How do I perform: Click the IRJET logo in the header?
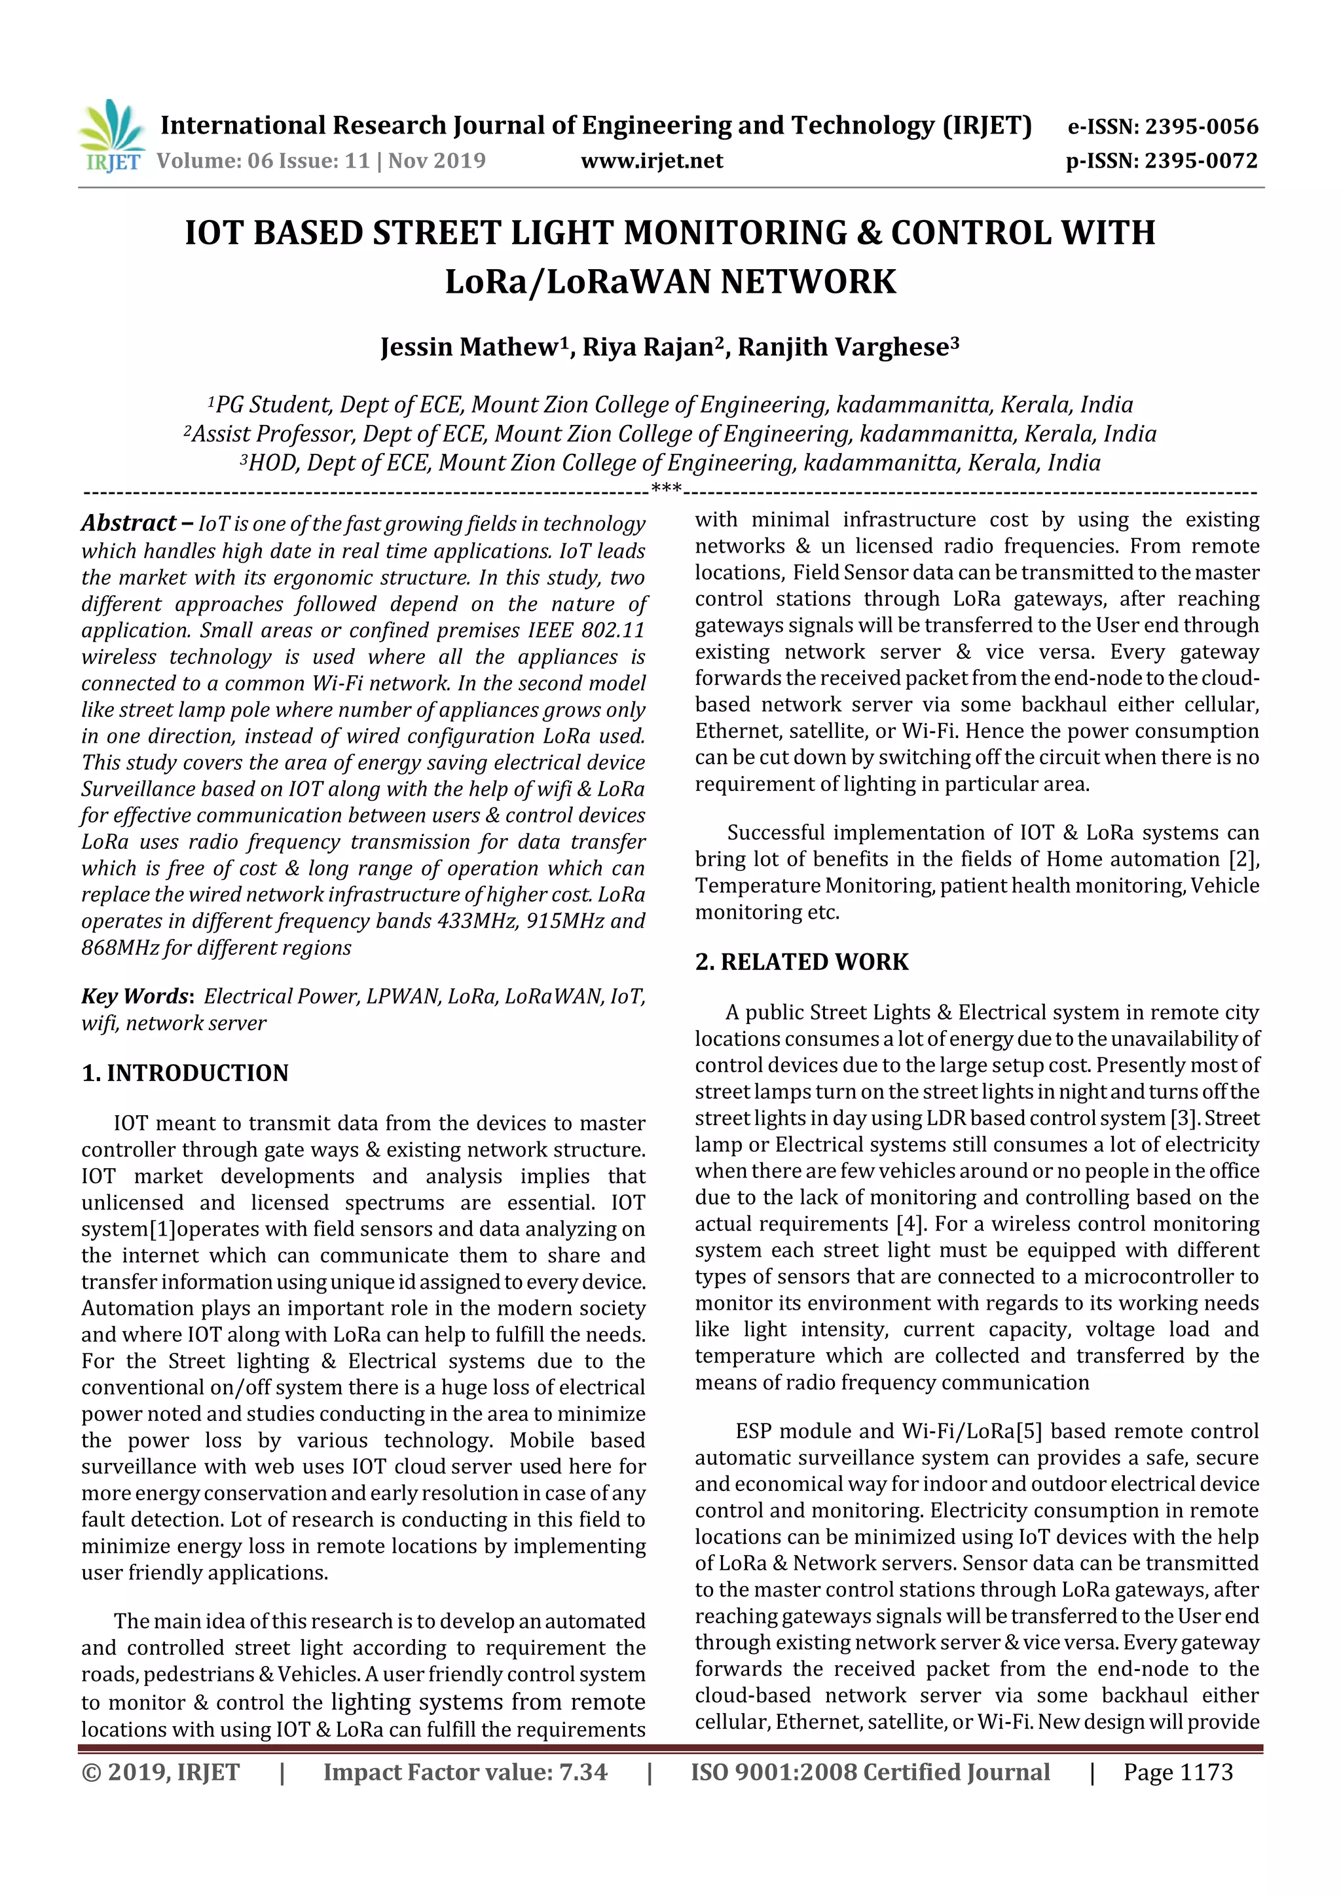click(111, 137)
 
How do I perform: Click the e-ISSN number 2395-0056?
click(1200, 126)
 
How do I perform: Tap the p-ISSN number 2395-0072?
click(1200, 160)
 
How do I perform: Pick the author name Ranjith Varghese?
click(843, 347)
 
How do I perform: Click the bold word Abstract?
click(128, 523)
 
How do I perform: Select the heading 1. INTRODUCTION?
click(185, 1073)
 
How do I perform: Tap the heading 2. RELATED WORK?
click(801, 962)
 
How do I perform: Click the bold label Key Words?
click(136, 995)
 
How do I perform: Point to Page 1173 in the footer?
click(1177, 1771)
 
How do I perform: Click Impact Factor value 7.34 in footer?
click(464, 1771)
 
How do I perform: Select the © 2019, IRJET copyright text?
click(160, 1771)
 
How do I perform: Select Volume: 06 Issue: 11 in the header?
click(263, 160)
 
